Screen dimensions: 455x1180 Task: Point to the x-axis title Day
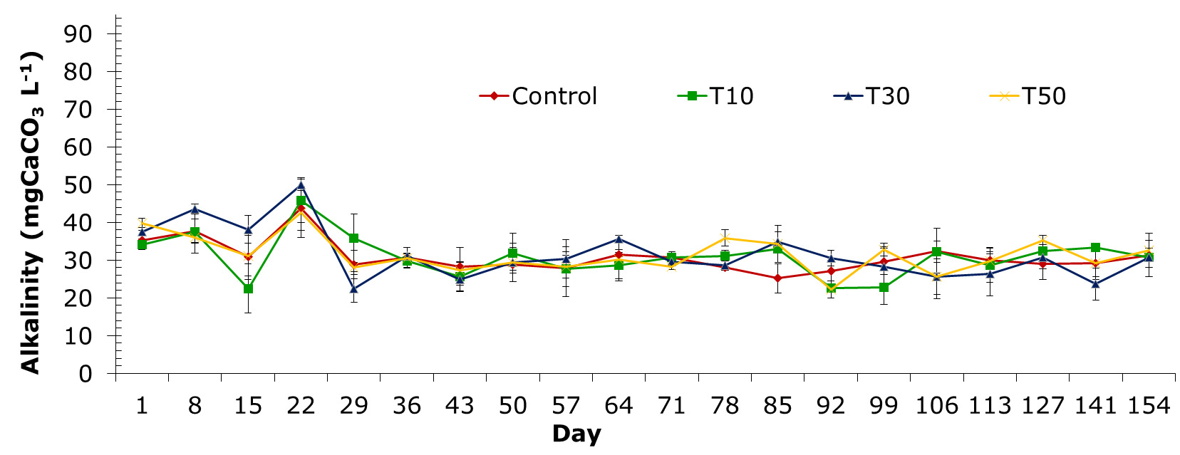tap(576, 434)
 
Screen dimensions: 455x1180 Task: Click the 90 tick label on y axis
tap(78, 34)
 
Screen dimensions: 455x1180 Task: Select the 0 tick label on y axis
tap(86, 374)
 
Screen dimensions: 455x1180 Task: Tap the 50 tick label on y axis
tap(78, 185)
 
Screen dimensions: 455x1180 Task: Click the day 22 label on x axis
tap(301, 406)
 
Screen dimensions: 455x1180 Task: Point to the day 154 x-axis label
tap(1148, 406)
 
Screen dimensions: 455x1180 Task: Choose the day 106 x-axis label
tap(936, 406)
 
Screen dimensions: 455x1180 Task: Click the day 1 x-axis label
tap(142, 406)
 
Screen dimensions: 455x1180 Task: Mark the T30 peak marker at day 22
tap(301, 185)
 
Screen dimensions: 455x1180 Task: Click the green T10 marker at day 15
tap(248, 288)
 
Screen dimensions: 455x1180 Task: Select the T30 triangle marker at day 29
tap(353, 288)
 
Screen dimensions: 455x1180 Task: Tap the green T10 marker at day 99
tap(884, 287)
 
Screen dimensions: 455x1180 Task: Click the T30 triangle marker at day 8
tap(195, 209)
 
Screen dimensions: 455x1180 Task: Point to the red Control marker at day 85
tap(777, 278)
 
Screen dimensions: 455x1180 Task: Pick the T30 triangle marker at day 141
tap(1095, 284)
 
